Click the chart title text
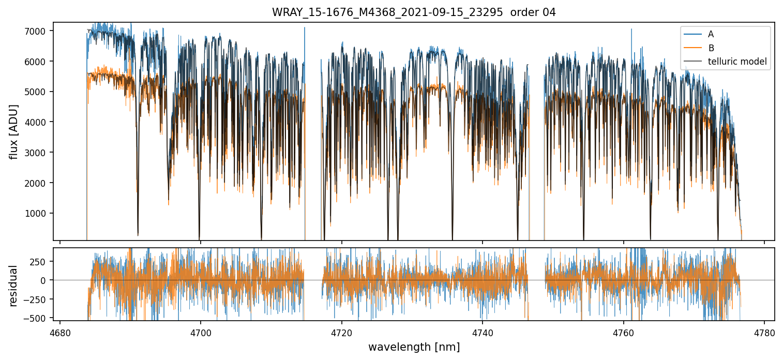point(414,12)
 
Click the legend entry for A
point(711,34)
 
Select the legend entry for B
point(711,48)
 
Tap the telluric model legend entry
point(737,63)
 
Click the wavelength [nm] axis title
point(414,347)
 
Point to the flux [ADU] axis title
point(14,131)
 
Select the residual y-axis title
point(14,286)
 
